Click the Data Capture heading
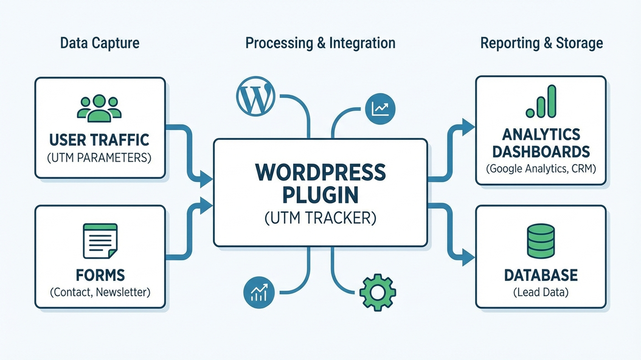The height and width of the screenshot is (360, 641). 100,43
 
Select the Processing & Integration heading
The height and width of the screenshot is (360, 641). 320,43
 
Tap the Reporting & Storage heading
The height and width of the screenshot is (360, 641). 541,43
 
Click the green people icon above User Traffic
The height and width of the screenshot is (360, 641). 99,108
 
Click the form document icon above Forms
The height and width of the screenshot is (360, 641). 100,241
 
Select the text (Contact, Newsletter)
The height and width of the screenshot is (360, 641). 100,292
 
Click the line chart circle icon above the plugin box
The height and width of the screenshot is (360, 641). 381,109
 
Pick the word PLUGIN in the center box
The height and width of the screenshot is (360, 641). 320,195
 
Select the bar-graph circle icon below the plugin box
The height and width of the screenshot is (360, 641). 259,292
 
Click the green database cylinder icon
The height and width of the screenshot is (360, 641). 541,241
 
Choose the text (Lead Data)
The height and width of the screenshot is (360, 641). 541,292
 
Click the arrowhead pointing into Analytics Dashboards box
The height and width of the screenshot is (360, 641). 468,126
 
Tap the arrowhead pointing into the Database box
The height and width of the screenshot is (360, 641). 468,257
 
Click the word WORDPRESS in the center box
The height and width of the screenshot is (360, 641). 320,172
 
